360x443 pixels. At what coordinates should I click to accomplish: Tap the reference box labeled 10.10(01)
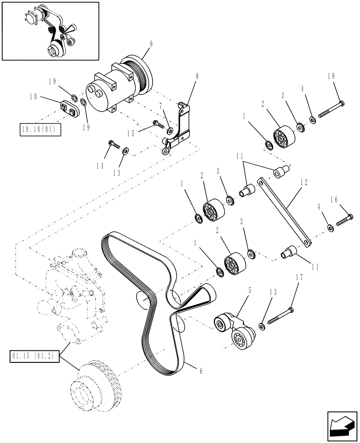pyautogui.click(x=40, y=129)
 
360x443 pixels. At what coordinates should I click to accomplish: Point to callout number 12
pyautogui.click(x=304, y=182)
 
